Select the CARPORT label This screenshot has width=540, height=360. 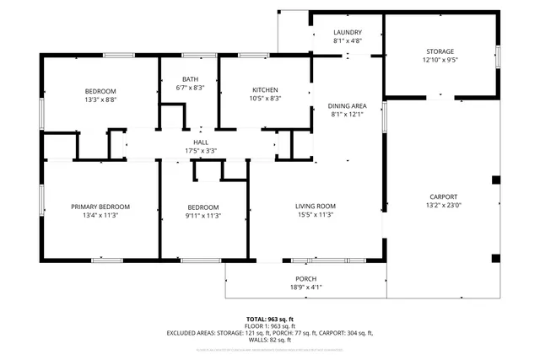[x=443, y=196]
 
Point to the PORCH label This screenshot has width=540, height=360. [x=305, y=279]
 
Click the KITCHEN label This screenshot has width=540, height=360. [x=266, y=90]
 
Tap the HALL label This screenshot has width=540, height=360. [x=201, y=142]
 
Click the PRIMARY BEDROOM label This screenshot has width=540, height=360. [x=100, y=207]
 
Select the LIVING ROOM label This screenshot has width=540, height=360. [x=316, y=207]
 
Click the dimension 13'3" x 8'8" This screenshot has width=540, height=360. [x=100, y=99]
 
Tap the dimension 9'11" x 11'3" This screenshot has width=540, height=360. [x=203, y=215]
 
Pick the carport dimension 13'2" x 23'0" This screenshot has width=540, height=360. [x=443, y=205]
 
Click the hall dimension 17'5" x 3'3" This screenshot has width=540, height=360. [x=201, y=151]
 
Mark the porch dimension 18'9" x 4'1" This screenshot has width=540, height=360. [x=305, y=287]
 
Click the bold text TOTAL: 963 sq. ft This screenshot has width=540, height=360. [x=269, y=318]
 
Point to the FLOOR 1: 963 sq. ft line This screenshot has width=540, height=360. [x=269, y=325]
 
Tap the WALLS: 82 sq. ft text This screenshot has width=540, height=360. [x=269, y=340]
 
